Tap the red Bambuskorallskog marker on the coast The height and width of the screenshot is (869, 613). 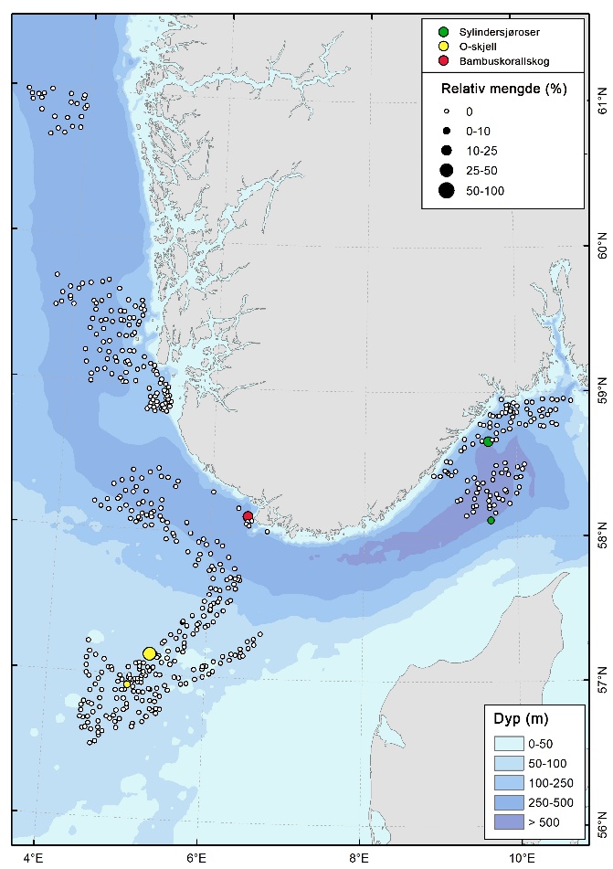coord(248,516)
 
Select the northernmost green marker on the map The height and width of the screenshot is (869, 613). coord(488,441)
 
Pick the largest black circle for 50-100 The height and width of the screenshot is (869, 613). coord(446,190)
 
